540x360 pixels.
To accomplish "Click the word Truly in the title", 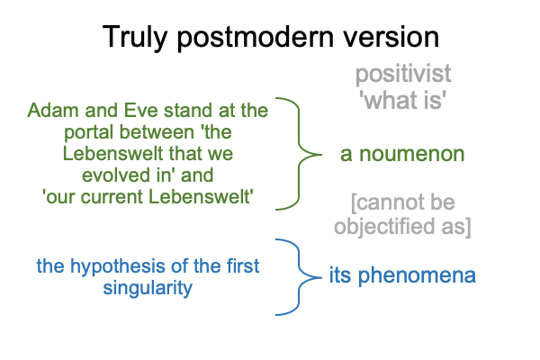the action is point(135,38).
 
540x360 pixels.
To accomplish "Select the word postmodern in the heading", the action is point(256,38).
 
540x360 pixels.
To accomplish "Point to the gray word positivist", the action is point(403,74).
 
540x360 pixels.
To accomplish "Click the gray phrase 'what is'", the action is point(403,100).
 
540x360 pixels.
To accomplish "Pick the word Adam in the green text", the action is point(54,110).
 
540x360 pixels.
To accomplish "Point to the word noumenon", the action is point(412,154).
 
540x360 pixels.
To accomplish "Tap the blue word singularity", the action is point(148,288).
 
